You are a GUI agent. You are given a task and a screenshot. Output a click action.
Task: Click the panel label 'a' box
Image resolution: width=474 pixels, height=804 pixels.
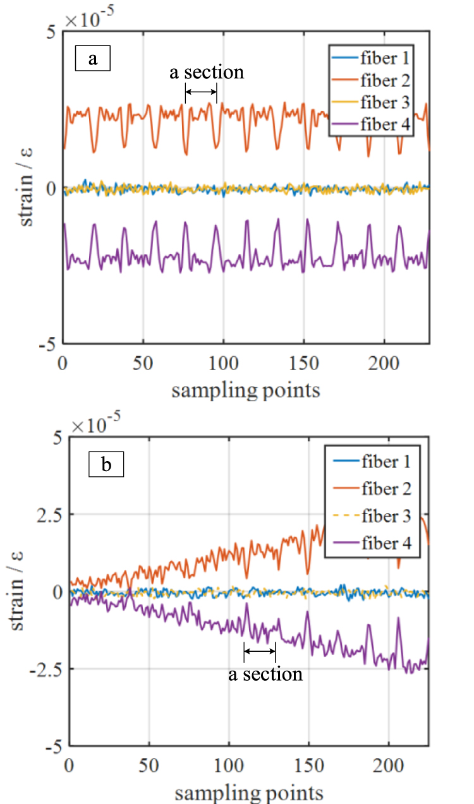[93, 59]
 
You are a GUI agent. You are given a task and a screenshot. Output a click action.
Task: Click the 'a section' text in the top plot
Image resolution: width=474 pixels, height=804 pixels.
[206, 72]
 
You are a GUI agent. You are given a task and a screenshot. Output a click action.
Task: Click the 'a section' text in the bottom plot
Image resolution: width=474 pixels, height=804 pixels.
[265, 674]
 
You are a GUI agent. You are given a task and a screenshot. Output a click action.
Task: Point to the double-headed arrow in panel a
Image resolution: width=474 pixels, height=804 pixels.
[201, 93]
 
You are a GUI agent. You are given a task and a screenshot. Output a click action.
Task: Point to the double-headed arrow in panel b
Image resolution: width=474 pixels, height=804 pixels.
[260, 651]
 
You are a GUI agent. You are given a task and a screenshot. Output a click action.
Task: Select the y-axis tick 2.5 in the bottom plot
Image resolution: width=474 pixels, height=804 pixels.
[41, 514]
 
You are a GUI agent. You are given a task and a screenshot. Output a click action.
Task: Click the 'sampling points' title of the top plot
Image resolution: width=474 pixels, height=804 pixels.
[245, 390]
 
